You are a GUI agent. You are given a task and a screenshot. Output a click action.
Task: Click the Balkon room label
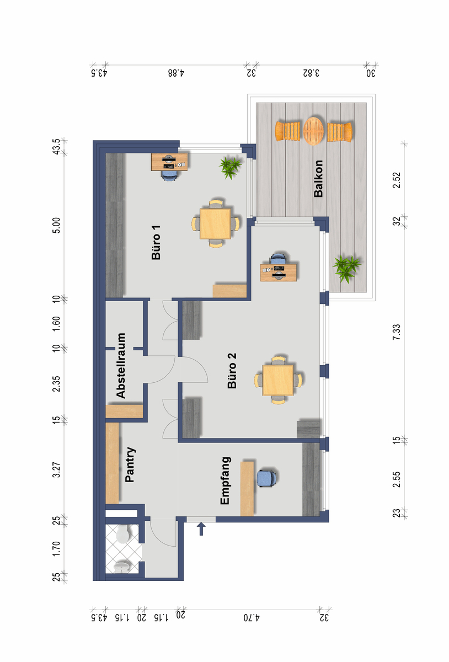coord(318,178)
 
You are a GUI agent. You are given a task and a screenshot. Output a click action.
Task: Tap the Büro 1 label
coord(156,242)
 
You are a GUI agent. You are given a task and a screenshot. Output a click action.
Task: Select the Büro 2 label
coord(232,370)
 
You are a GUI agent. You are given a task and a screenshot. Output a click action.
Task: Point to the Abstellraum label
coord(121,366)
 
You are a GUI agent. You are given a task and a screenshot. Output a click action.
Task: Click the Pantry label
coord(130,465)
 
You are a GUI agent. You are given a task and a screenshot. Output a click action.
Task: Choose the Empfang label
coord(226,481)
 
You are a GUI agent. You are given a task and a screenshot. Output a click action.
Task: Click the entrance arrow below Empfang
coord(201,528)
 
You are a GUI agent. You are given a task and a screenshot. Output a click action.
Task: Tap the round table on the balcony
coord(314,131)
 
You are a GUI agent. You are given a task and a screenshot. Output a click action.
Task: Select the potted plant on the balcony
coord(346,268)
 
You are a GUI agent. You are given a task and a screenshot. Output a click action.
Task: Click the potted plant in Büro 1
coord(230,168)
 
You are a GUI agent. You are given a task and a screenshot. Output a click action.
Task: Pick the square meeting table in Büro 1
coord(215,223)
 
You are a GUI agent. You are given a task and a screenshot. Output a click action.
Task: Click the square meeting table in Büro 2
coord(278,380)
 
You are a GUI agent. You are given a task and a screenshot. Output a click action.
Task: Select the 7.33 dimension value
coord(397,332)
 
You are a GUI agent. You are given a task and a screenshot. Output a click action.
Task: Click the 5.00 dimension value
coord(56,226)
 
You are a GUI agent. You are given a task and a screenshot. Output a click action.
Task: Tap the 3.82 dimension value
coord(311,73)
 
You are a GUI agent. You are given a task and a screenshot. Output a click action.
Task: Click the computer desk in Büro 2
coord(278,273)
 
